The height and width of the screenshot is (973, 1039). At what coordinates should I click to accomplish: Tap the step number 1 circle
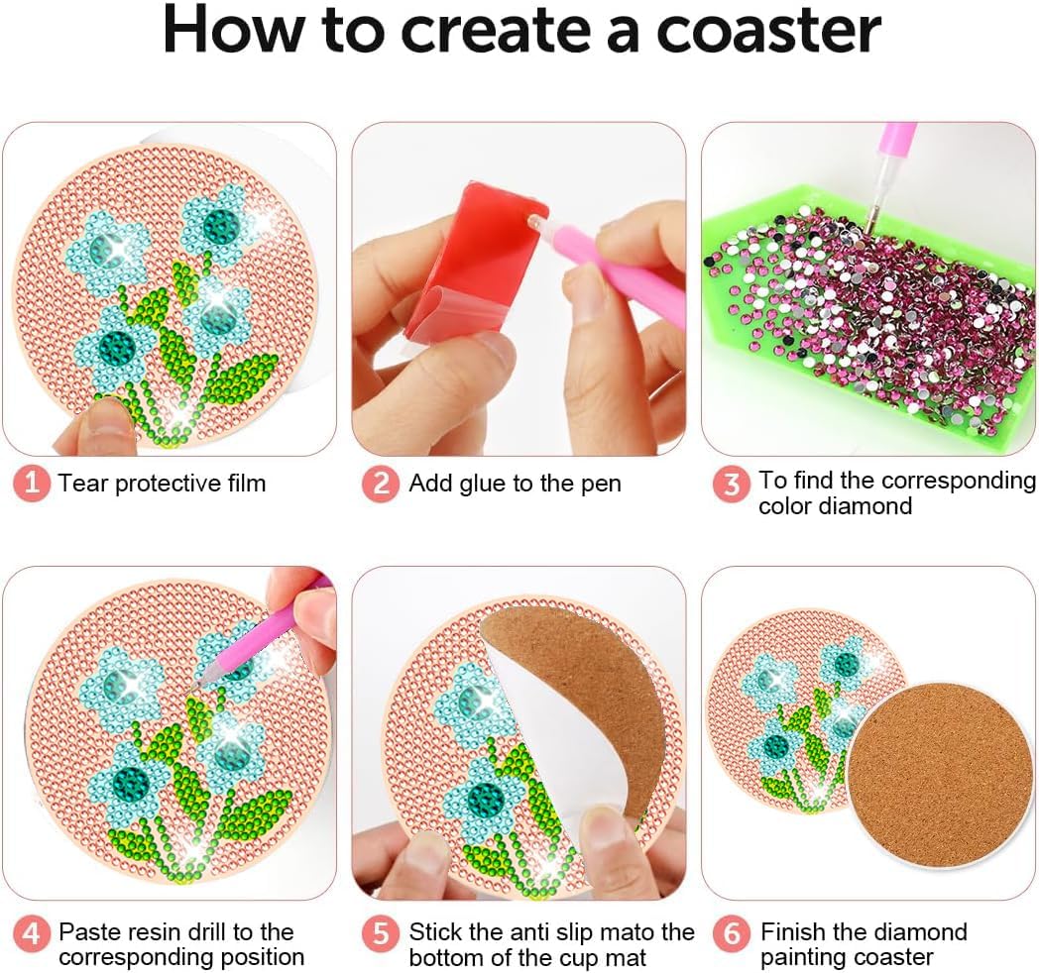coord(32,484)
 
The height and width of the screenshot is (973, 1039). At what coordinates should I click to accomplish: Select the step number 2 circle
coord(380,484)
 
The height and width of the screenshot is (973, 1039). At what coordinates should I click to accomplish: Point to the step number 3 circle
coord(732,484)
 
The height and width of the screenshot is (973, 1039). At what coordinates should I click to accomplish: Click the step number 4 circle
coord(32,933)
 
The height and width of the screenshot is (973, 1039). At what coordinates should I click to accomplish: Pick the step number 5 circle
coord(380,933)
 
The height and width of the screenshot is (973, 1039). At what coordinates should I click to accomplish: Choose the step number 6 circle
coord(732,933)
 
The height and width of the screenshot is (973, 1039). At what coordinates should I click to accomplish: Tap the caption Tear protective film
coord(162,484)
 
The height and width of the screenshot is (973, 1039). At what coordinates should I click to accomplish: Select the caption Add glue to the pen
coord(515,484)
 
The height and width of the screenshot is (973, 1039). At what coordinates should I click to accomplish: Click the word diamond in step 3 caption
coord(835,506)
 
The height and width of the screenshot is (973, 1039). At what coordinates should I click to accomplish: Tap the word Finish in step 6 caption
coord(793,932)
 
